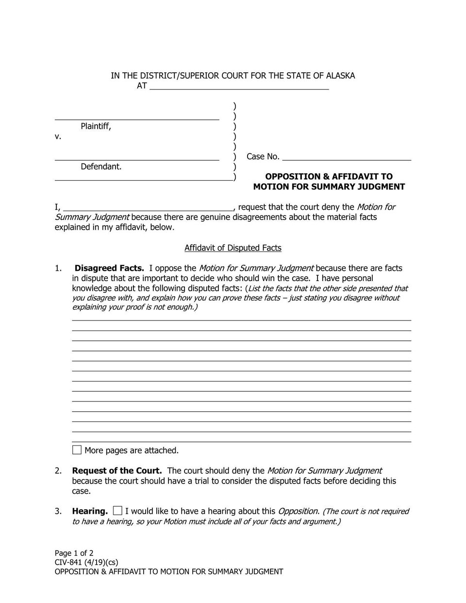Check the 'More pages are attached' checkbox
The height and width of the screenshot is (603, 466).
[77, 450]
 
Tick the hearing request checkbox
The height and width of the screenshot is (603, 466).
[117, 510]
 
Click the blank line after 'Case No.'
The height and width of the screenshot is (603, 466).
[346, 156]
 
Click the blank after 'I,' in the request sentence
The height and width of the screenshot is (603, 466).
[149, 207]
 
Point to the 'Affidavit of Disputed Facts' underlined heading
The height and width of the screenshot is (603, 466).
[233, 248]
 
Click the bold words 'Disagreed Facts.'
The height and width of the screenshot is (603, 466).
[109, 268]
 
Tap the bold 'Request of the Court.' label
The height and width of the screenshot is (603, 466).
[116, 470]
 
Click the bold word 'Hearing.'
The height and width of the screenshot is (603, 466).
[90, 511]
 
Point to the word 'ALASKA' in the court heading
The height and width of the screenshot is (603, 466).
[340, 76]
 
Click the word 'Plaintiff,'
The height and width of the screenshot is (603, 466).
[96, 126]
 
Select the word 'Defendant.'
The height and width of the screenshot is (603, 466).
[101, 167]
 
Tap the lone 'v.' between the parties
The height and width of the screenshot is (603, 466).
[58, 136]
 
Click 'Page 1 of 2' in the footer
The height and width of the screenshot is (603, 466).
[74, 553]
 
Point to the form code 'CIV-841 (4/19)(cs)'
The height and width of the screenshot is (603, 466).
[86, 562]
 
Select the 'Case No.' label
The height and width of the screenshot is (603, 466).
[263, 156]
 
